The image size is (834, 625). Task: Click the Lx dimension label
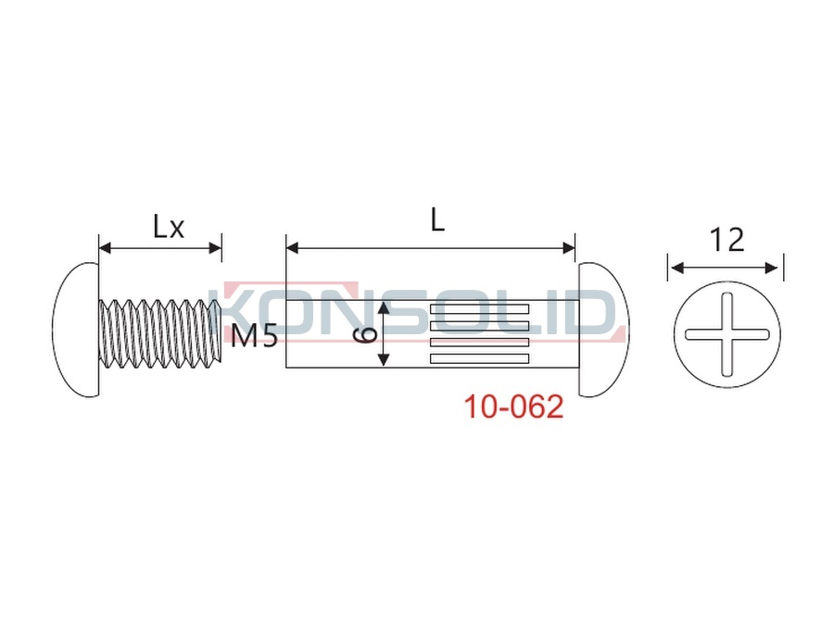[169, 227]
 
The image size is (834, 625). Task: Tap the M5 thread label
[254, 336]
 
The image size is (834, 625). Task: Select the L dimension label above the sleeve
[437, 219]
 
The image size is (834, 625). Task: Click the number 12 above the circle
[727, 240]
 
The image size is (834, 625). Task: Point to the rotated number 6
[365, 335]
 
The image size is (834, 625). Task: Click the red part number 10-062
[513, 406]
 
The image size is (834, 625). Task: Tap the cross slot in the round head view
[727, 334]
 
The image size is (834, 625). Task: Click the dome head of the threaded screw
[76, 330]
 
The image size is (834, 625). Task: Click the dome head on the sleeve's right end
[603, 330]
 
